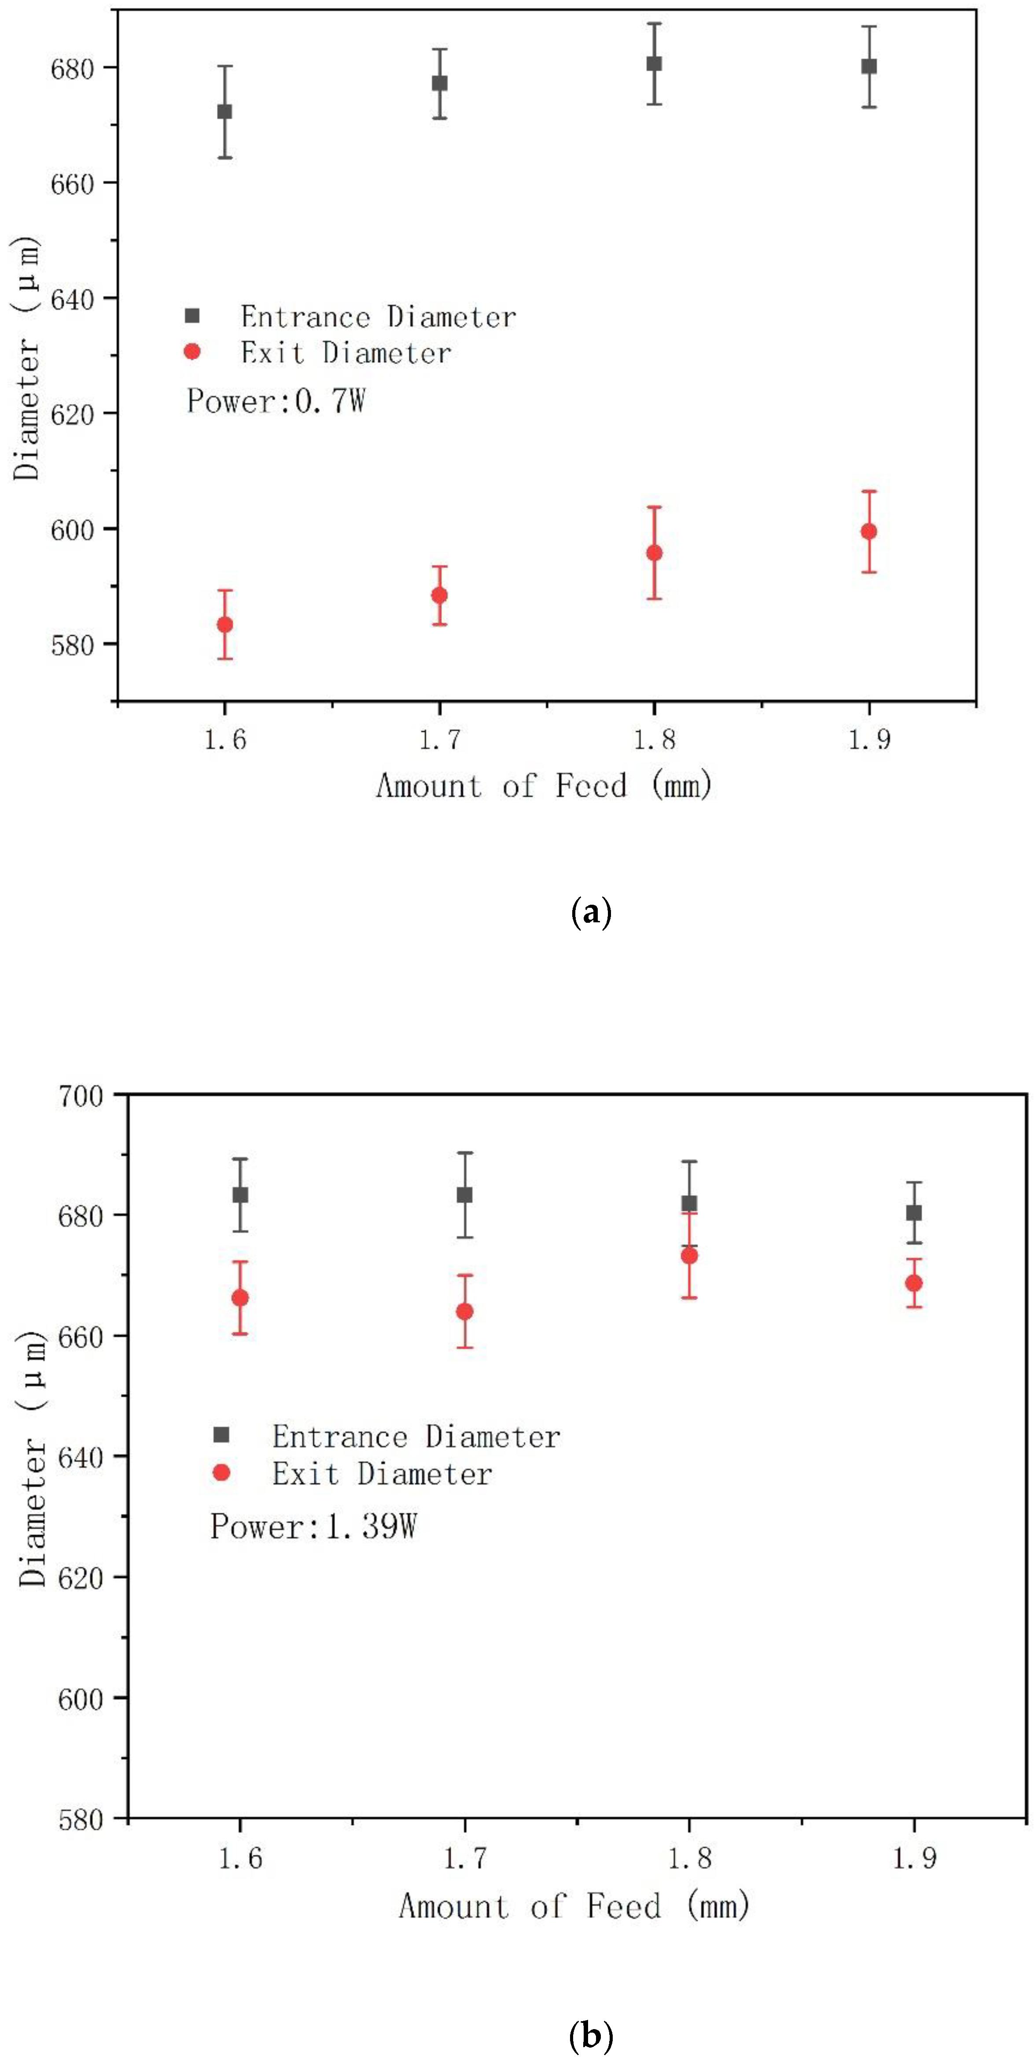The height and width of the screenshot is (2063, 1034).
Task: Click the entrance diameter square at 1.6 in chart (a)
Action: [x=225, y=111]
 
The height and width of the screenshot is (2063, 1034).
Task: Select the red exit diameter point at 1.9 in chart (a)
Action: [x=869, y=531]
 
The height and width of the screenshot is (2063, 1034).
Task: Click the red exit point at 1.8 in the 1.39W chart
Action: [x=689, y=1256]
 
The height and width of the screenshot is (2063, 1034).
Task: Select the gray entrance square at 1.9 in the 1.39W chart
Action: [x=914, y=1212]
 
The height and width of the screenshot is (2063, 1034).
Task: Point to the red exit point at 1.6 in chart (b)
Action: [x=239, y=1297]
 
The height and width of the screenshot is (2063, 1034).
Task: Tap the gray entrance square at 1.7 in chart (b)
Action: [x=464, y=1195]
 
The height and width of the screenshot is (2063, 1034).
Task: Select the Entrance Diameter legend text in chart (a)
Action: [x=378, y=317]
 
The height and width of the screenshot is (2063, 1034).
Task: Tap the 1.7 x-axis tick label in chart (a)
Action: [x=440, y=738]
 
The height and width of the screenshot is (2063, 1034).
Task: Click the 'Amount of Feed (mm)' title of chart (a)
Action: [x=545, y=786]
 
